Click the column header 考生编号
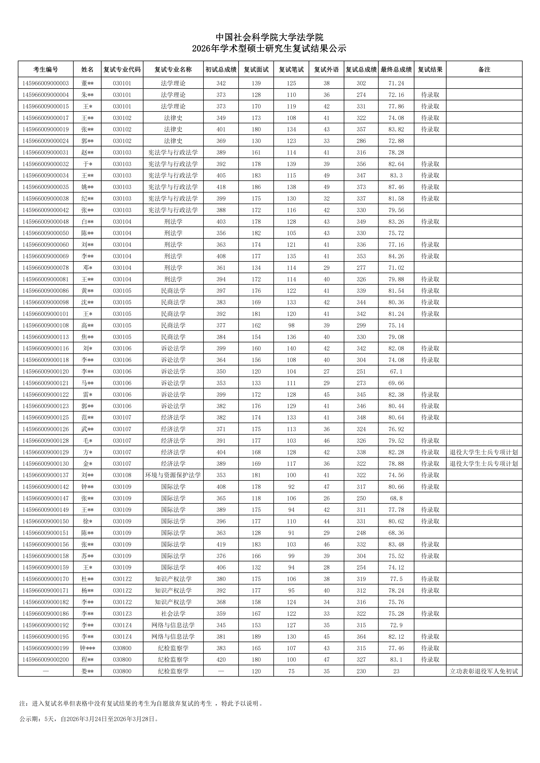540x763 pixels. [46, 69]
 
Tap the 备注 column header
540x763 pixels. [484, 69]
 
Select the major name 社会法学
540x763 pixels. [173, 613]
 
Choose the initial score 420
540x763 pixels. [221, 660]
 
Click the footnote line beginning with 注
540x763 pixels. [141, 703]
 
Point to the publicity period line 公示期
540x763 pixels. [89, 719]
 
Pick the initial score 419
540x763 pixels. [221, 544]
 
